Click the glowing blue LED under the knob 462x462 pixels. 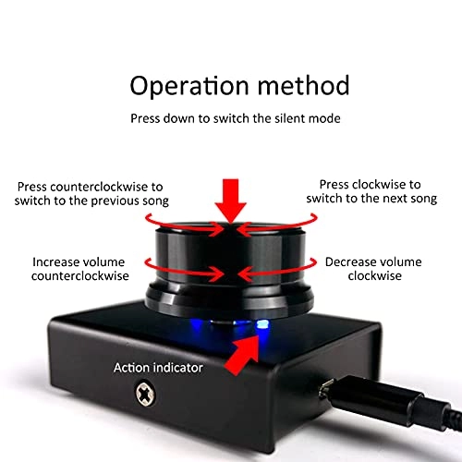(261, 325)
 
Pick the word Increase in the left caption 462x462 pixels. (59, 261)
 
